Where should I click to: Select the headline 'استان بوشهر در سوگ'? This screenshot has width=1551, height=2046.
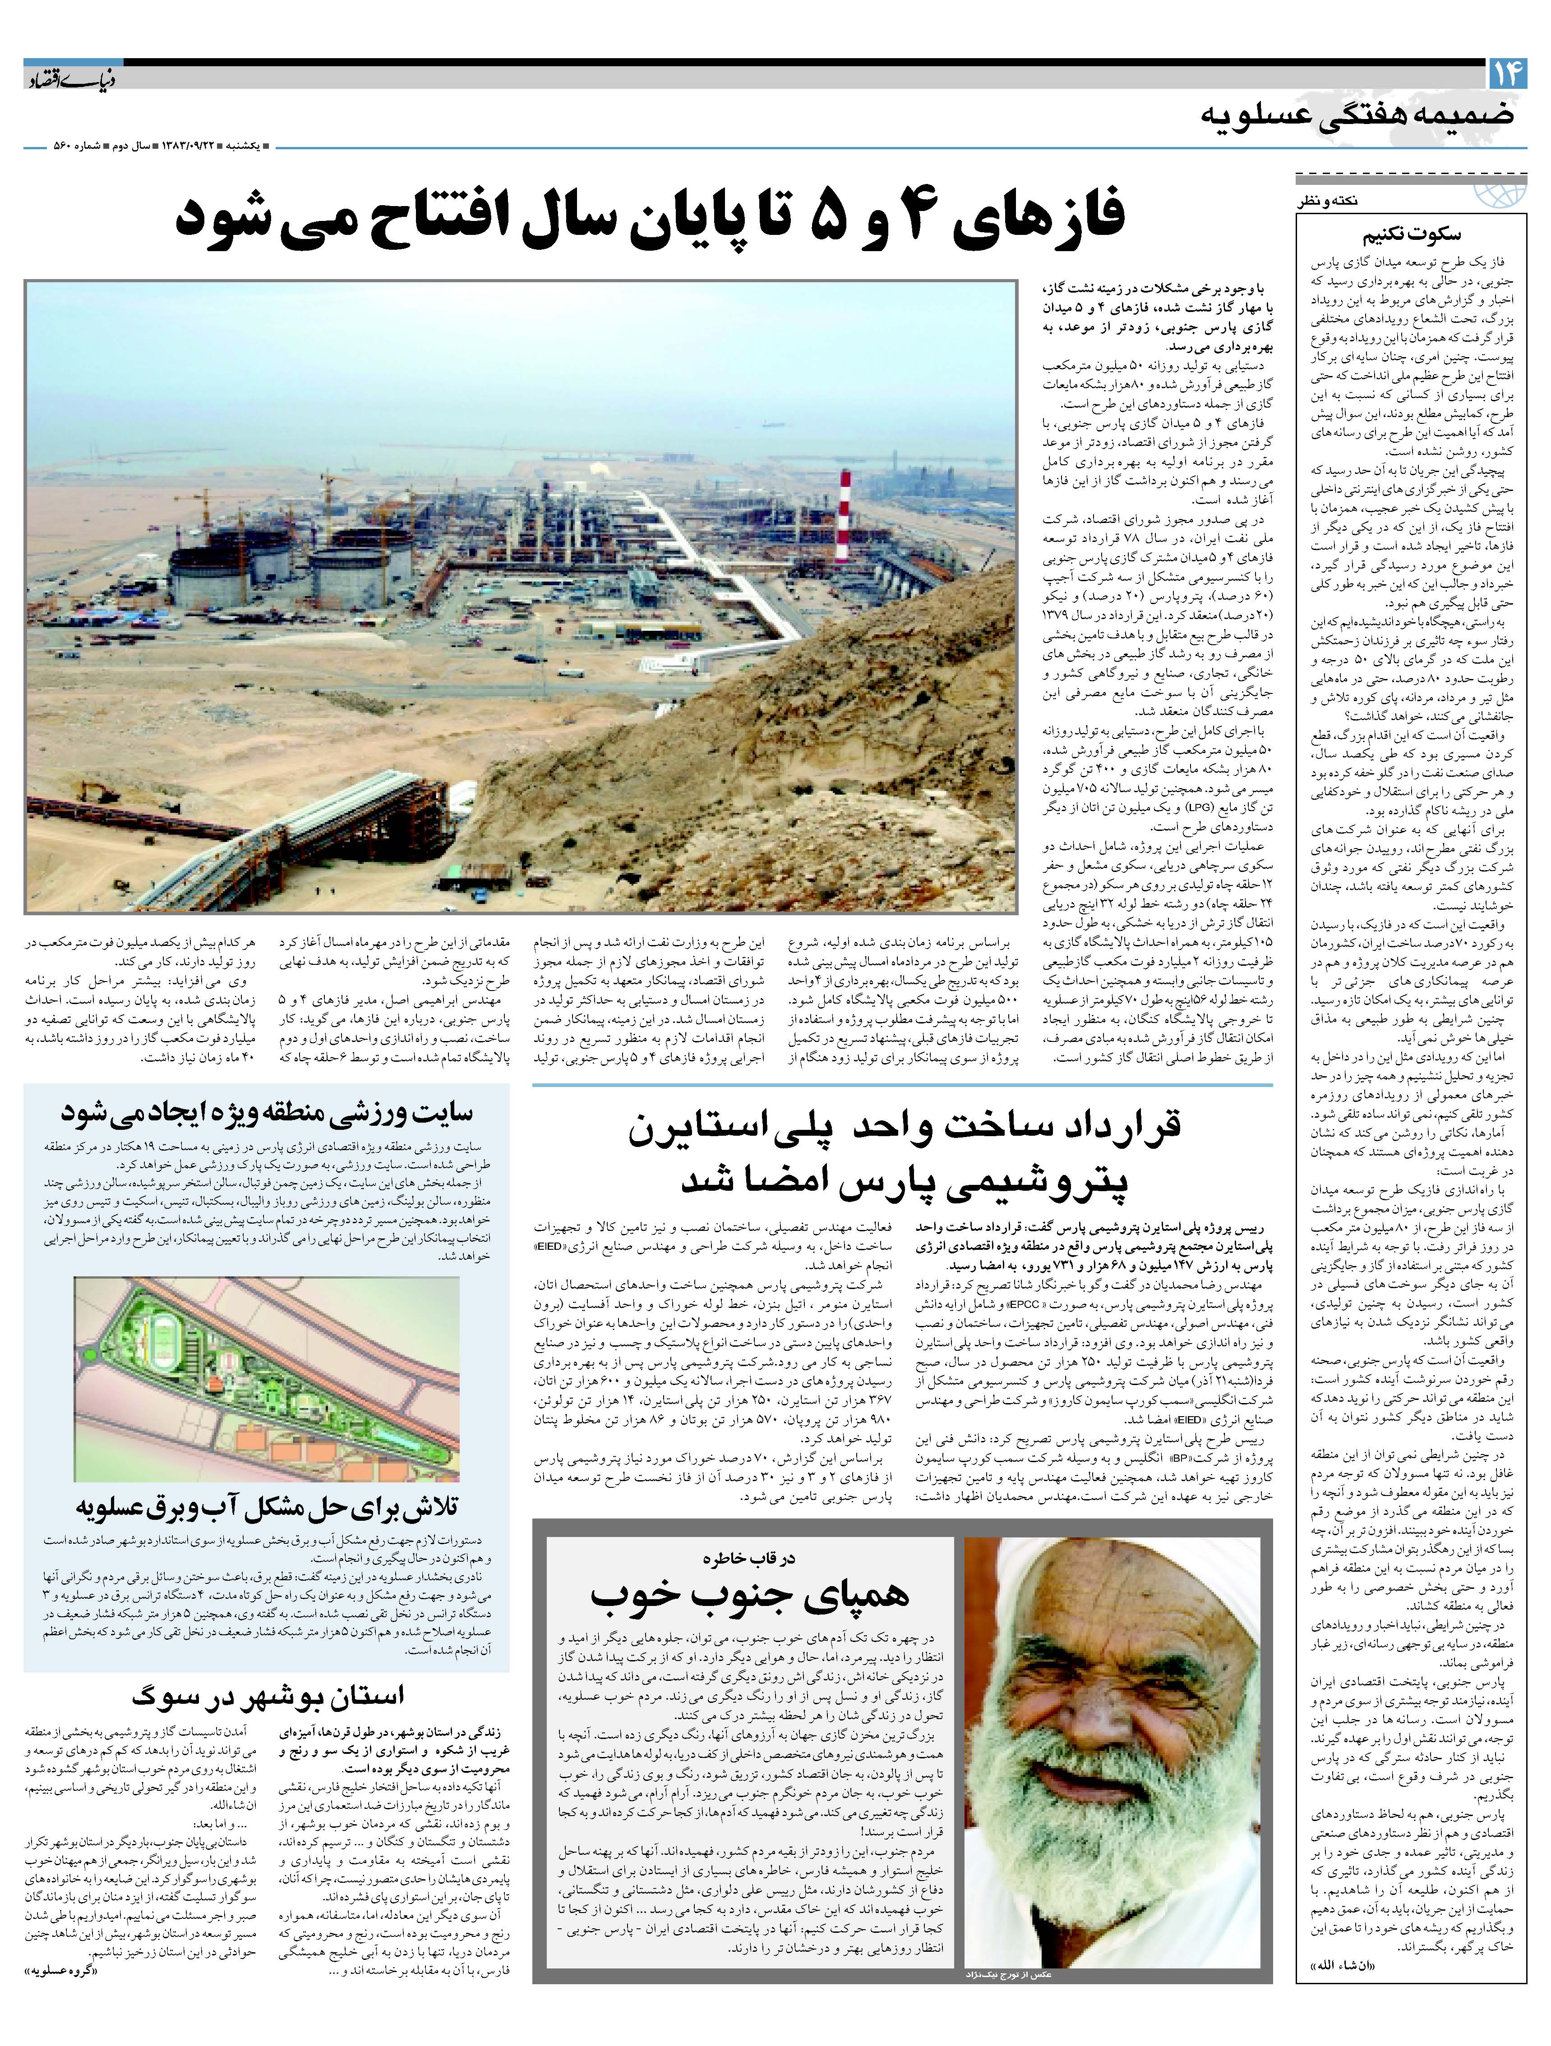[268, 1695]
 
